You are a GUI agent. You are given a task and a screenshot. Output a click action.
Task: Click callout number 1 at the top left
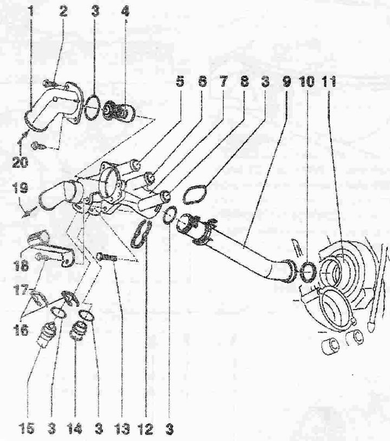pos(31,12)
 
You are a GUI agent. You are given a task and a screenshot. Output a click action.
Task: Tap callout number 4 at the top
pos(125,12)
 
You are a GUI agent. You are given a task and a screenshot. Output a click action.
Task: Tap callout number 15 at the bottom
pos(28,429)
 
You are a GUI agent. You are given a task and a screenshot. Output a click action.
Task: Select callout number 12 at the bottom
pos(146,429)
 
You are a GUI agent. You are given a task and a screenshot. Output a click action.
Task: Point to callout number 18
pos(22,265)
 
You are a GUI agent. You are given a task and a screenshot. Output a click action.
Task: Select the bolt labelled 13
pos(107,256)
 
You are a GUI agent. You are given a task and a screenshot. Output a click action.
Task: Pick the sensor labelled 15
pos(46,333)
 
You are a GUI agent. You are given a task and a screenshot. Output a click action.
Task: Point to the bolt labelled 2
pos(49,83)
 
